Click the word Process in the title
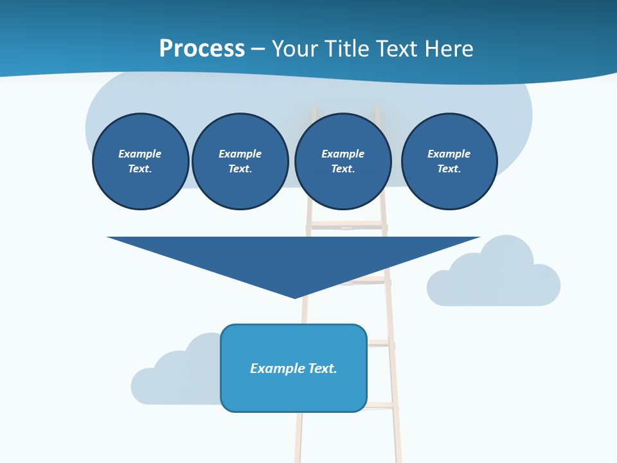click(x=202, y=48)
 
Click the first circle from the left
click(x=141, y=161)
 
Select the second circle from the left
click(x=240, y=161)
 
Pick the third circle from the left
click(x=343, y=161)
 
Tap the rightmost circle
click(x=449, y=161)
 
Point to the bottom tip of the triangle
click(x=294, y=297)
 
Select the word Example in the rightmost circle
click(x=449, y=154)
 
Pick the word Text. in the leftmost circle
click(x=140, y=169)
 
